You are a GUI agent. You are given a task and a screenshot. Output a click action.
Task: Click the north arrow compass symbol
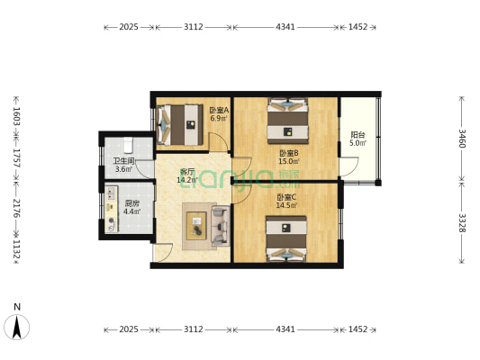click(x=17, y=327)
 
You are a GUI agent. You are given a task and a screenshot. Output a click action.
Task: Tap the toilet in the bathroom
click(x=128, y=145)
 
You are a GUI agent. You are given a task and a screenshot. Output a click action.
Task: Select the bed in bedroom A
click(x=180, y=125)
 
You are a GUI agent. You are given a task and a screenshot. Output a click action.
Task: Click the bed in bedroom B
click(x=287, y=121)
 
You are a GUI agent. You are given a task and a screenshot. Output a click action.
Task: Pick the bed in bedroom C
click(x=286, y=238)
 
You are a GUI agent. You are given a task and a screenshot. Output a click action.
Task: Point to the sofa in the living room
click(x=221, y=226)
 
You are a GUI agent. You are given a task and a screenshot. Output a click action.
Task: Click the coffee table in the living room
click(x=196, y=226)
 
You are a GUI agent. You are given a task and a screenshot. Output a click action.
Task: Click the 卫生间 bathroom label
click(x=123, y=161)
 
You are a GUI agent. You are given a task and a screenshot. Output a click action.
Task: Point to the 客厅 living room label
click(x=186, y=171)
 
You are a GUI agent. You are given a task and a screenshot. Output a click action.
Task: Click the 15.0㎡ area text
click(x=289, y=161)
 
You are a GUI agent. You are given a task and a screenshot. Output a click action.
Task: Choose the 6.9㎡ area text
click(x=219, y=119)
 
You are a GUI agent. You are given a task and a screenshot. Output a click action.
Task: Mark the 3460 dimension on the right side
click(x=462, y=139)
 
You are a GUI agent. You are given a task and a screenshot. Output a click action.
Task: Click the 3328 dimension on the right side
click(x=462, y=223)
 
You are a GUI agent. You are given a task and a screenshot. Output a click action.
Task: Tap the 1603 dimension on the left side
click(x=16, y=116)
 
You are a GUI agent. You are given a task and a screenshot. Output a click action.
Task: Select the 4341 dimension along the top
click(x=285, y=27)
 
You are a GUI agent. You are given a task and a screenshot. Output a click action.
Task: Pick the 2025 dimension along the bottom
click(x=129, y=329)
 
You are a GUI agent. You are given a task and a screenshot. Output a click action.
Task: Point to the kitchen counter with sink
click(x=112, y=209)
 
